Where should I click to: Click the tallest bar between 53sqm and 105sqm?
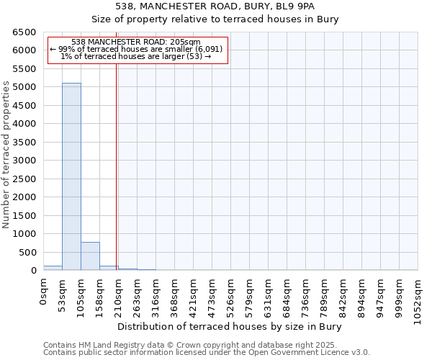[x=71, y=176]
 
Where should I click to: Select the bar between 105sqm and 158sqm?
[x=90, y=256]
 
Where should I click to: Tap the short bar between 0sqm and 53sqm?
[x=53, y=268]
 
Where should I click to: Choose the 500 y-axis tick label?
[x=28, y=253]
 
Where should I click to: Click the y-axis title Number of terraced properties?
[x=7, y=154]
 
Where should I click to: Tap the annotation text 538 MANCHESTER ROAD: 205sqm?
[x=136, y=42]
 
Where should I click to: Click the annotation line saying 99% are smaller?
[x=136, y=49]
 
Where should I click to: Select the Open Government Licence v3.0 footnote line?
[x=206, y=353]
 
